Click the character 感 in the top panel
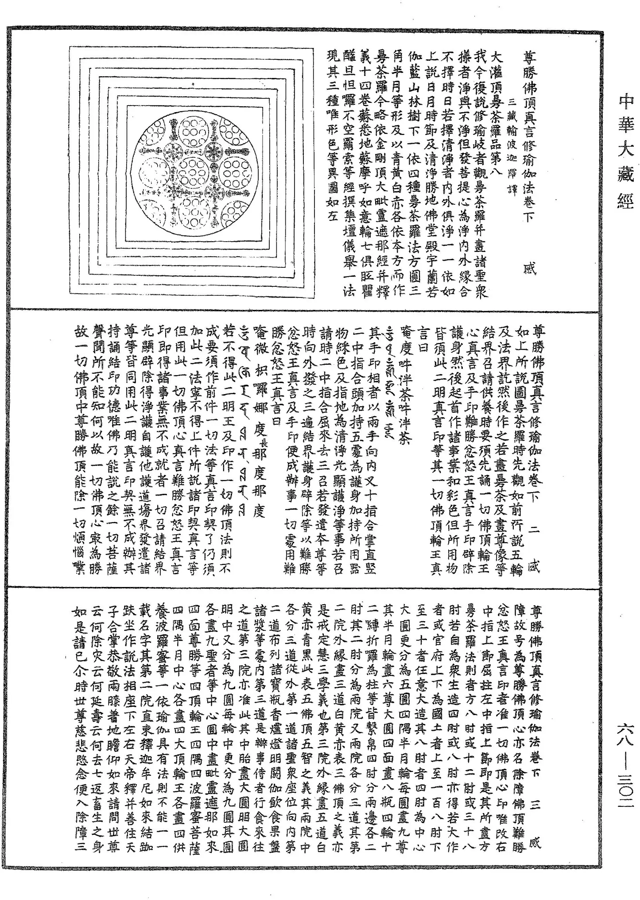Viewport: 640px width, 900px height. pos(529,268)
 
